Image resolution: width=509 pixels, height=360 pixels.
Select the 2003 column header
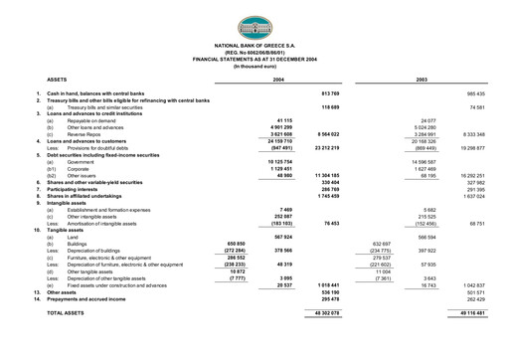click(421, 78)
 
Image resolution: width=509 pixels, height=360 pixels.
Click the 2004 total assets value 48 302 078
click(325, 312)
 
